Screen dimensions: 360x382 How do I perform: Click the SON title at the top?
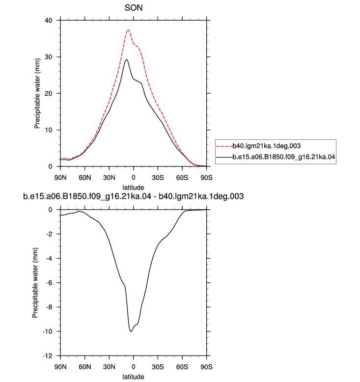[x=133, y=8]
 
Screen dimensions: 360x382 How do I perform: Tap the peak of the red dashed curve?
[x=128, y=30]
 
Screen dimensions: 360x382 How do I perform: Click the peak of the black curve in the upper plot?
[x=126, y=59]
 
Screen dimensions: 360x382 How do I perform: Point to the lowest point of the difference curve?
[x=131, y=331]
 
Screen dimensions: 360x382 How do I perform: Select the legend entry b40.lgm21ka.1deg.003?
[x=266, y=146]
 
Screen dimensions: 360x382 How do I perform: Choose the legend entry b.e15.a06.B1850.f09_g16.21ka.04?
[x=284, y=157]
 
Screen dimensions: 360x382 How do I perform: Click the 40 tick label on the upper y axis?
[x=48, y=21]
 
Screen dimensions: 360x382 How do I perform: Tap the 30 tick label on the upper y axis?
[x=48, y=57]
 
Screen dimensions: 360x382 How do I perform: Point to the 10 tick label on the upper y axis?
[x=48, y=130]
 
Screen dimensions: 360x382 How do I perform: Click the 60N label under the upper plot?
[x=85, y=178]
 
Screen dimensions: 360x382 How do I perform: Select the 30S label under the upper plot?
[x=158, y=178]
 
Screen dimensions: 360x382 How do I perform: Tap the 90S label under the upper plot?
[x=206, y=178]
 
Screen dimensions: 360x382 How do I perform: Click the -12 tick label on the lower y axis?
[x=47, y=356]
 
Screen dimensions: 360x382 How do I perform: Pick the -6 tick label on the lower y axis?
[x=49, y=283]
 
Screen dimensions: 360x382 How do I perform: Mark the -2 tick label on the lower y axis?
[x=49, y=234]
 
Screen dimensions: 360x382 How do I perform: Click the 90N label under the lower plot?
[x=60, y=367]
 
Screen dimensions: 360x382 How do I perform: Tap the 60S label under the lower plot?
[x=182, y=367]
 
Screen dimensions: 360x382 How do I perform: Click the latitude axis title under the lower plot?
[x=133, y=377]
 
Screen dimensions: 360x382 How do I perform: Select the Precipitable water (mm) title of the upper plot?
[x=37, y=94]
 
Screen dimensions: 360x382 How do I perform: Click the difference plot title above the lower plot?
[x=133, y=196]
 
